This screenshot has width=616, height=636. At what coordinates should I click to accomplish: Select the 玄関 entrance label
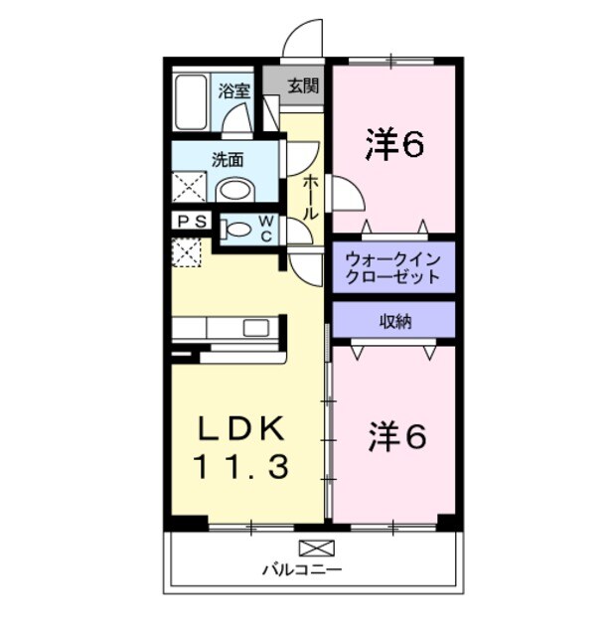tap(304, 85)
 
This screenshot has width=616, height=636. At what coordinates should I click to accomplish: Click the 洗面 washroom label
tap(227, 158)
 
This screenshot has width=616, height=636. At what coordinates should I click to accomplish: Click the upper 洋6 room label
tap(394, 145)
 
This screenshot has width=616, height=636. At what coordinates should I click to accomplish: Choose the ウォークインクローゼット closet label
tap(393, 267)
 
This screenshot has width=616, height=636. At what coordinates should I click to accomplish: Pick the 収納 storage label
tap(393, 320)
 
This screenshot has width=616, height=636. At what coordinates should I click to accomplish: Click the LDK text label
tap(241, 429)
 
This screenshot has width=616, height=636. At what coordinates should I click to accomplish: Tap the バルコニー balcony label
tap(302, 570)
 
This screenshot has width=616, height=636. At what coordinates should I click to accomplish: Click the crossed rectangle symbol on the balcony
tap(317, 547)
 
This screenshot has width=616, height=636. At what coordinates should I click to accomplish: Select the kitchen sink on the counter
tap(255, 328)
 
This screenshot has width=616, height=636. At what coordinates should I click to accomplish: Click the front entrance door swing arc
tap(303, 38)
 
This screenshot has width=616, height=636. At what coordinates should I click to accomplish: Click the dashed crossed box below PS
tap(187, 252)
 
